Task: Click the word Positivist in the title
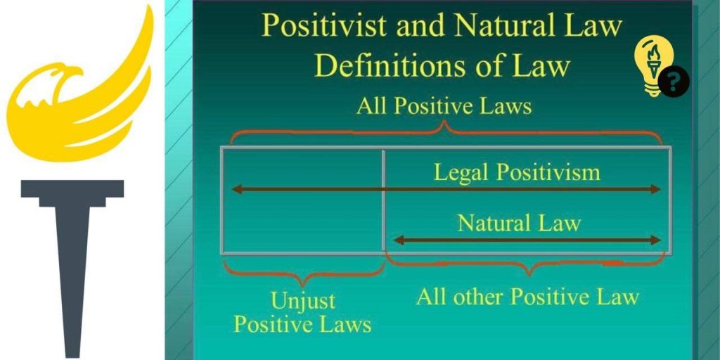coord(324,26)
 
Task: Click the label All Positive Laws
coord(444,107)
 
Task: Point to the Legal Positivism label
coord(517,173)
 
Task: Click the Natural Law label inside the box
coord(520,224)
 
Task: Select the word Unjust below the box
coord(303,301)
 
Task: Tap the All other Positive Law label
coord(527,297)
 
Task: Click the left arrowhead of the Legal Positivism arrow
coord(236,189)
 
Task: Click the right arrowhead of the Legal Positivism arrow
coord(656,189)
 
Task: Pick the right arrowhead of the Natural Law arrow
coord(656,240)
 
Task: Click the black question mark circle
coord(674,82)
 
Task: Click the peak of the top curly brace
coord(444,122)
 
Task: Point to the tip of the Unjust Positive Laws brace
coord(302,285)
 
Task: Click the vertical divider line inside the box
coord(384,200)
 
